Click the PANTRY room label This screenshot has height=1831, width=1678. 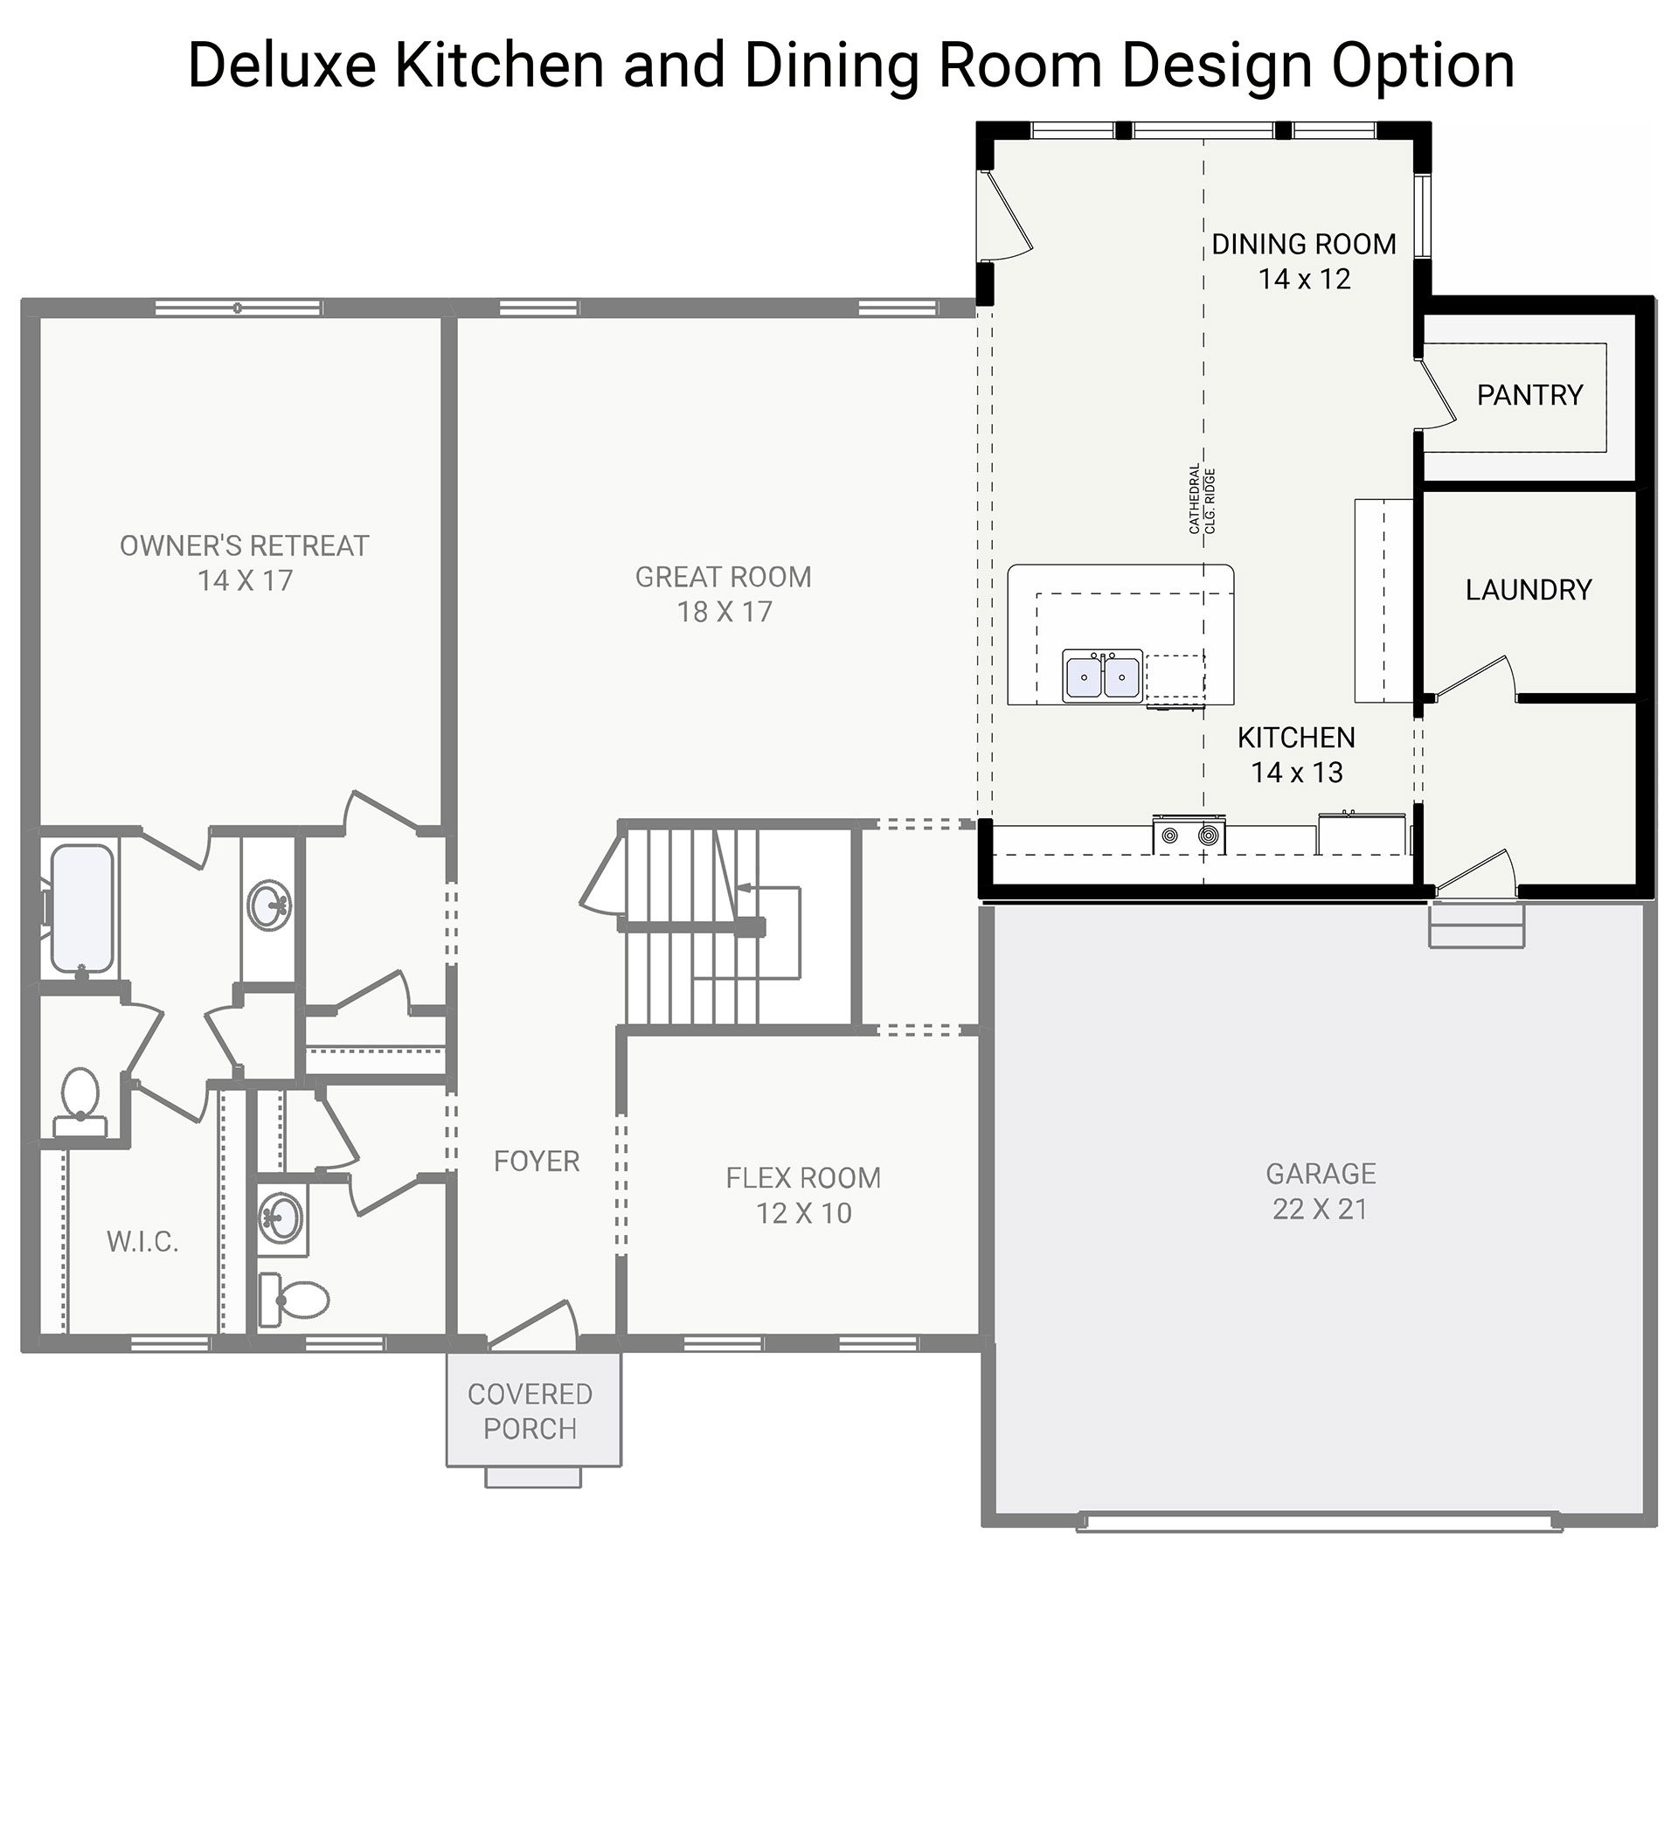point(1529,395)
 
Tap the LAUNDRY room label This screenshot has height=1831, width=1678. point(1529,590)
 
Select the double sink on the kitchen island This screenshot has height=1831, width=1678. point(1102,676)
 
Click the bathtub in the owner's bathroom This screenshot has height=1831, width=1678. point(83,908)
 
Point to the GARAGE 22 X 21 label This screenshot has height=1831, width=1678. point(1321,1190)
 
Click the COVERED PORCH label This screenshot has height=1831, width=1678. point(530,1411)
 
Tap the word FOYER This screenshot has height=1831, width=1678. point(536,1161)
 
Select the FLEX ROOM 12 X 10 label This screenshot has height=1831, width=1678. point(802,1196)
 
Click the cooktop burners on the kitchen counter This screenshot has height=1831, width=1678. point(1189,835)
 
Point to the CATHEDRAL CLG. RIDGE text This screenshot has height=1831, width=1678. point(1203,500)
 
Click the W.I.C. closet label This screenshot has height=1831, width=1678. point(142,1243)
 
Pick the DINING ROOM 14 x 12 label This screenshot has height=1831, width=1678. point(1304,261)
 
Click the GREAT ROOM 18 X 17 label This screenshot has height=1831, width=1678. point(724,594)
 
